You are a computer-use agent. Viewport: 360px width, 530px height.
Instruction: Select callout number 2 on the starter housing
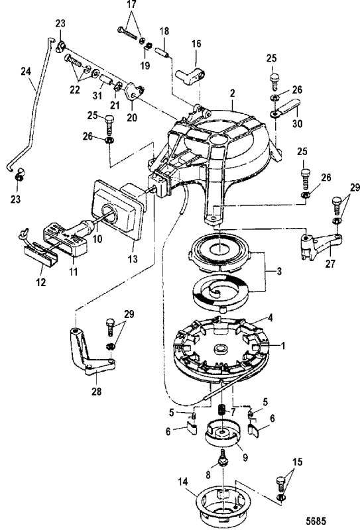[232, 95]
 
